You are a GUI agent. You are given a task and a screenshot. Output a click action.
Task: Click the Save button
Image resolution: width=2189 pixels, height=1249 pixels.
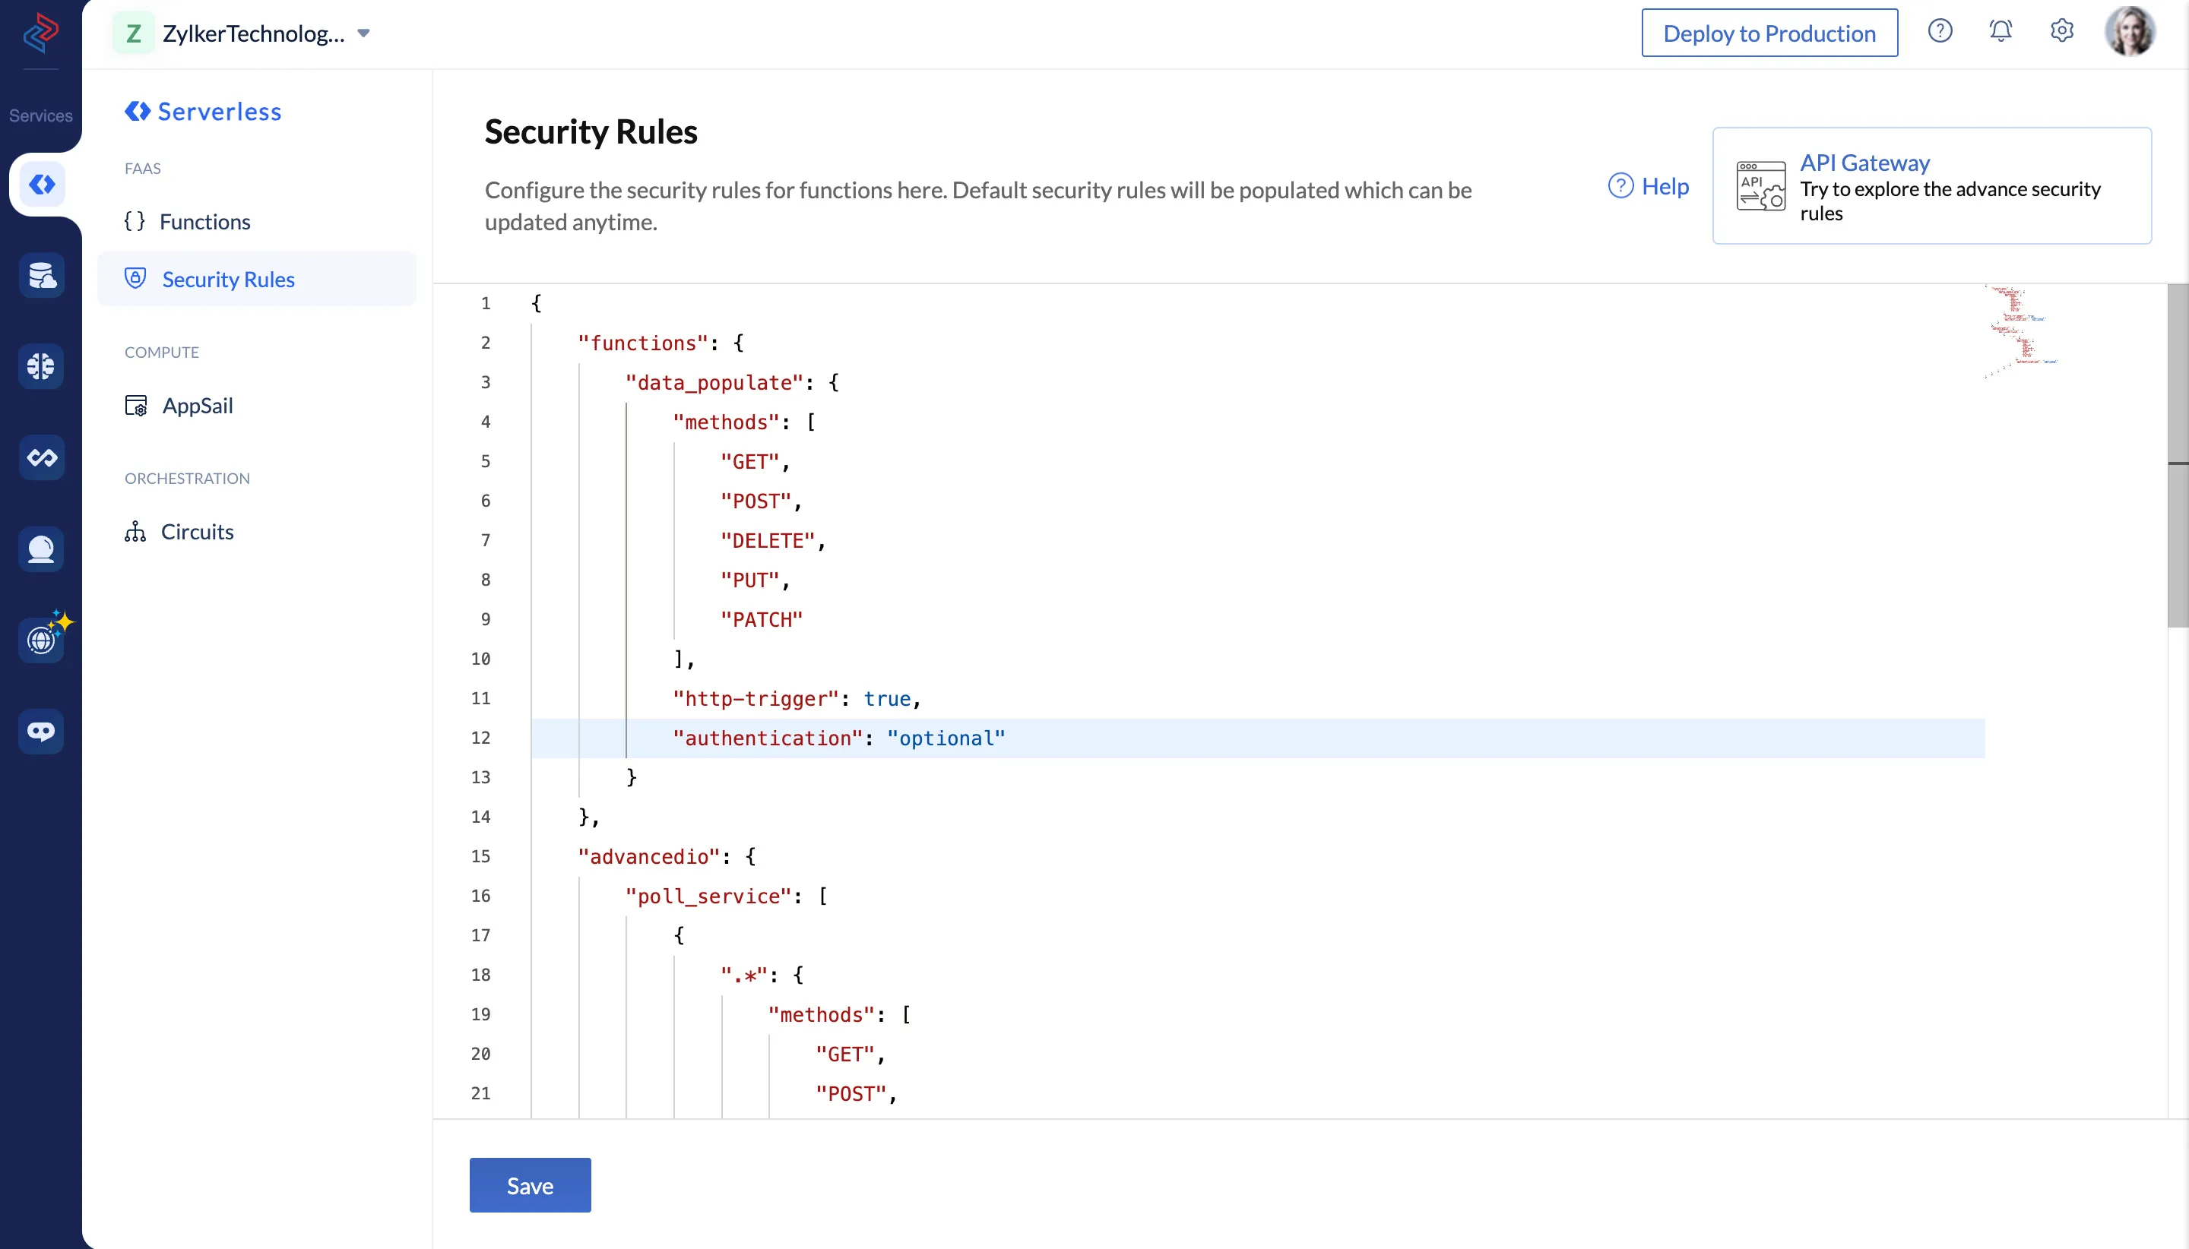pyautogui.click(x=530, y=1184)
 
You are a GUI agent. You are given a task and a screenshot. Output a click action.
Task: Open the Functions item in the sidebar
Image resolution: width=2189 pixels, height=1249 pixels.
pyautogui.click(x=205, y=221)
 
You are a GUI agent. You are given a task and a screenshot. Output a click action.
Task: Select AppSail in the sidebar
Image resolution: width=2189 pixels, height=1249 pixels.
pyautogui.click(x=198, y=405)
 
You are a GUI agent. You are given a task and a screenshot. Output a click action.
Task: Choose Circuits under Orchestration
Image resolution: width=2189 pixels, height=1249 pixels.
pyautogui.click(x=198, y=531)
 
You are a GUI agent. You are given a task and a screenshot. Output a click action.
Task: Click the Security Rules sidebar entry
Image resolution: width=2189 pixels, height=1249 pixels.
pyautogui.click(x=228, y=279)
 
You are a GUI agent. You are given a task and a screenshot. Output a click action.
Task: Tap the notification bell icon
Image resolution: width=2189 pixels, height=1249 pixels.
pyautogui.click(x=2001, y=31)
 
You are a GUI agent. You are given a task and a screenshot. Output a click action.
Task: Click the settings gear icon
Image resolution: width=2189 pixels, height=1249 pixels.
pyautogui.click(x=2062, y=31)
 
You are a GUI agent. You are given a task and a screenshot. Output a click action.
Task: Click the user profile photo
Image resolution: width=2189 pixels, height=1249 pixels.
pyautogui.click(x=2130, y=31)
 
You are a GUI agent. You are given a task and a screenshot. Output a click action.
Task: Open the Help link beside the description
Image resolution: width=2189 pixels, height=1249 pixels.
pyautogui.click(x=1649, y=185)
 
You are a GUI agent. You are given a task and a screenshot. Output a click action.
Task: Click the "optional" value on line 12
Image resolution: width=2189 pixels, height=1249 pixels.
pyautogui.click(x=946, y=738)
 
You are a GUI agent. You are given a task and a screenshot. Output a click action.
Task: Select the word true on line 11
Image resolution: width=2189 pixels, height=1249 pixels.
pyautogui.click(x=886, y=698)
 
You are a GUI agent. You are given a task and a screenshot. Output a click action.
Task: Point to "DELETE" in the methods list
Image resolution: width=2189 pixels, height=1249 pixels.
pyautogui.click(x=767, y=540)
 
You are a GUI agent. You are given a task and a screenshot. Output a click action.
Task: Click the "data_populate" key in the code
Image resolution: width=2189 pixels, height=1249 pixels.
pyautogui.click(x=714, y=383)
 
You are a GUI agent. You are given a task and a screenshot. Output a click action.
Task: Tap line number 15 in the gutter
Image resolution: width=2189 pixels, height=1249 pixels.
pyautogui.click(x=480, y=856)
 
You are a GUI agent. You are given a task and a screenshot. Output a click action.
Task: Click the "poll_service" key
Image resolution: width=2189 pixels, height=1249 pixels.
pyautogui.click(x=708, y=896)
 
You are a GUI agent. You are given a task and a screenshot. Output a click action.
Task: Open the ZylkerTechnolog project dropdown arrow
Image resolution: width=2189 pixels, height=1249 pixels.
pyautogui.click(x=364, y=33)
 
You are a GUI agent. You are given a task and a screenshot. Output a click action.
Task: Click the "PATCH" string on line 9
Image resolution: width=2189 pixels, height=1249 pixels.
pyautogui.click(x=761, y=619)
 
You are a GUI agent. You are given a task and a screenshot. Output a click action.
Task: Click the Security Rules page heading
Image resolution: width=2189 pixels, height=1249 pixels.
pyautogui.click(x=591, y=131)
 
